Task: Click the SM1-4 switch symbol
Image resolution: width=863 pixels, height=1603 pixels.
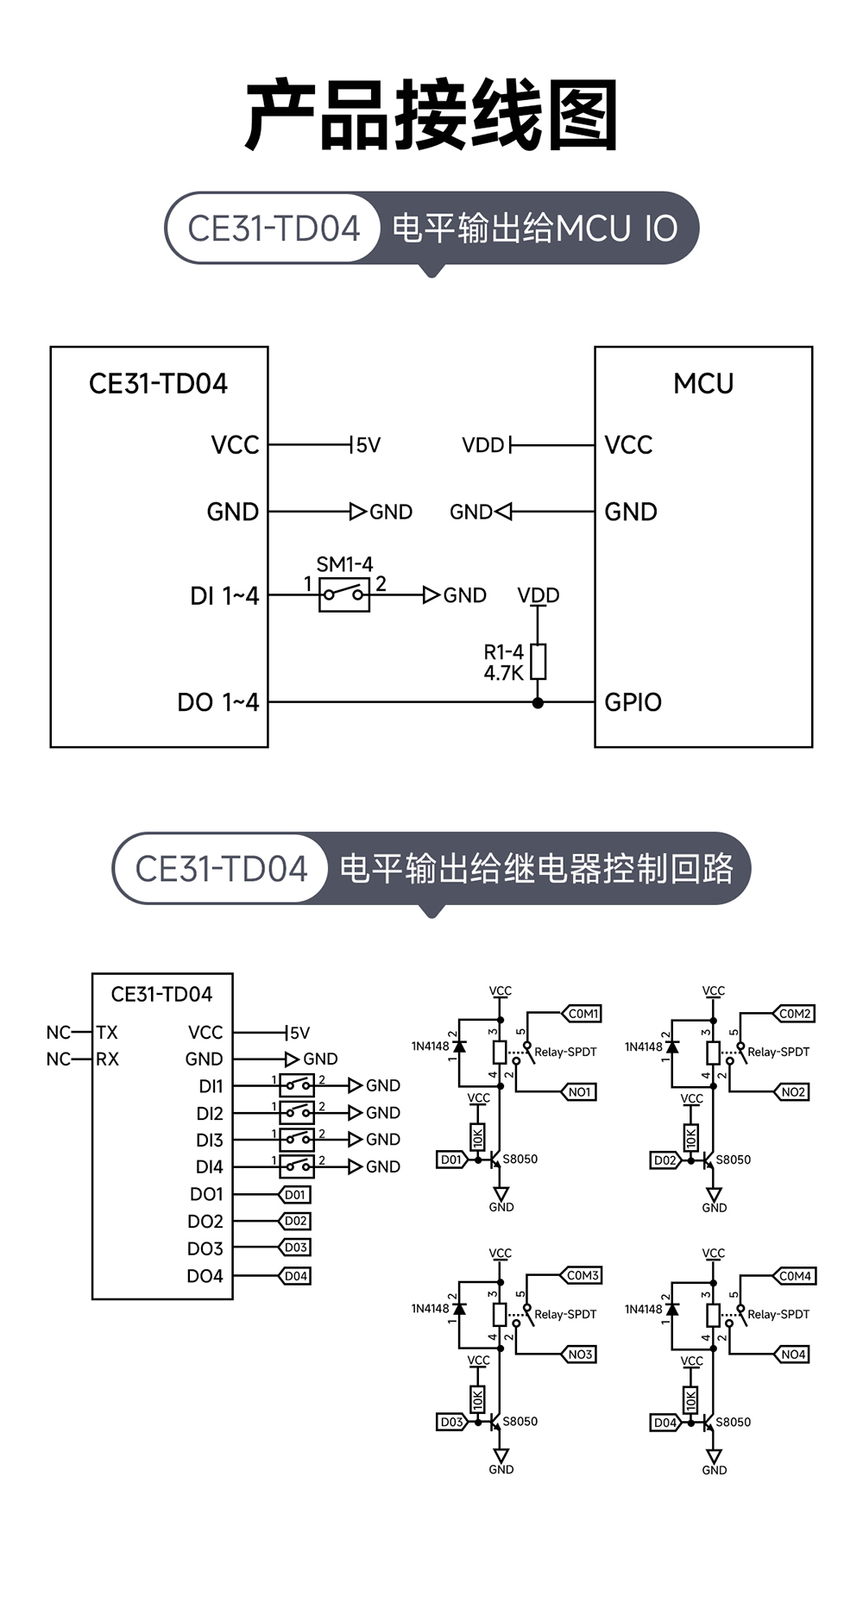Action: pyautogui.click(x=343, y=594)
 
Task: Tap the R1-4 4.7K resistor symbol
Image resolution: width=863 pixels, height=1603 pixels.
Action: pyautogui.click(x=538, y=661)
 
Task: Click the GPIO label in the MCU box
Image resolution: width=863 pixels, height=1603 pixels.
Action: pyautogui.click(x=633, y=702)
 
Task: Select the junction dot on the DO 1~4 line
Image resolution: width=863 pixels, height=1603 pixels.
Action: pyautogui.click(x=538, y=703)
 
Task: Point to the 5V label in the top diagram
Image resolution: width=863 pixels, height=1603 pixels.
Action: pyautogui.click(x=369, y=445)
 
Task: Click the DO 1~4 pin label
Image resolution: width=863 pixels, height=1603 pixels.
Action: pyautogui.click(x=217, y=702)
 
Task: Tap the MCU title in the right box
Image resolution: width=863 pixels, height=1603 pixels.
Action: pyautogui.click(x=702, y=383)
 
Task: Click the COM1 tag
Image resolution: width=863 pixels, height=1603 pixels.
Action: pyautogui.click(x=583, y=1014)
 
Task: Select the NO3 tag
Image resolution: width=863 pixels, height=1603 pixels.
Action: pyautogui.click(x=580, y=1355)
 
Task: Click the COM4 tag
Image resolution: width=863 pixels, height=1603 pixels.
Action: pyautogui.click(x=795, y=1276)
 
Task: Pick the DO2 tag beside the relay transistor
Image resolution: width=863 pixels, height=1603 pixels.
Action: pyautogui.click(x=665, y=1160)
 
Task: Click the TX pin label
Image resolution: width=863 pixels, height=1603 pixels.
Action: pyautogui.click(x=107, y=1033)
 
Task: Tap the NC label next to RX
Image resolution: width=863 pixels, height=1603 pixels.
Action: pyautogui.click(x=59, y=1059)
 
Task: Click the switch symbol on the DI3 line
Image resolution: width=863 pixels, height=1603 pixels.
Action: pyautogui.click(x=297, y=1139)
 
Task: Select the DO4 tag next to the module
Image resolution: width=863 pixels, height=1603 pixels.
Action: pyautogui.click(x=296, y=1276)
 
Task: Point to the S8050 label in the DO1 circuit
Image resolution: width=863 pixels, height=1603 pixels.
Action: pyautogui.click(x=520, y=1160)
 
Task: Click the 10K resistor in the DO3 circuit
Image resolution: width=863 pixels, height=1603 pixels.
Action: pyautogui.click(x=477, y=1399)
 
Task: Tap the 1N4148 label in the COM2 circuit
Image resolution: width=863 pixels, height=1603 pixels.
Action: pyautogui.click(x=643, y=1047)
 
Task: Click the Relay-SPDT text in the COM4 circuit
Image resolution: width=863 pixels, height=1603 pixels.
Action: pyautogui.click(x=778, y=1314)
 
